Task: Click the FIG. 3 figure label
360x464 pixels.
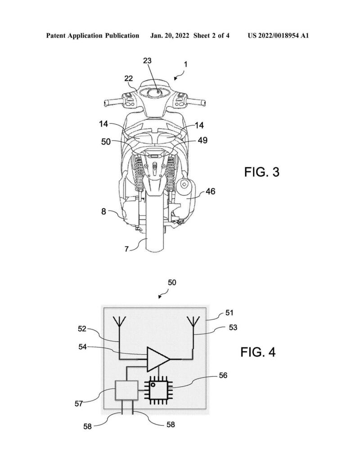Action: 261,172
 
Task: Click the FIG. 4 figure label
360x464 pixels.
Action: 258,352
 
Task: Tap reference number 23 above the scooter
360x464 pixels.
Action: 147,61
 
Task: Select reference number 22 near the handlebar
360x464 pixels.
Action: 128,78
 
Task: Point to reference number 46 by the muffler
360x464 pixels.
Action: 210,191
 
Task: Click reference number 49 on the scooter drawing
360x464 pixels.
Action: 202,140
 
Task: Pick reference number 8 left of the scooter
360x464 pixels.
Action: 103,212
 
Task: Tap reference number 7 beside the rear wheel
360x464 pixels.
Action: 126,249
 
